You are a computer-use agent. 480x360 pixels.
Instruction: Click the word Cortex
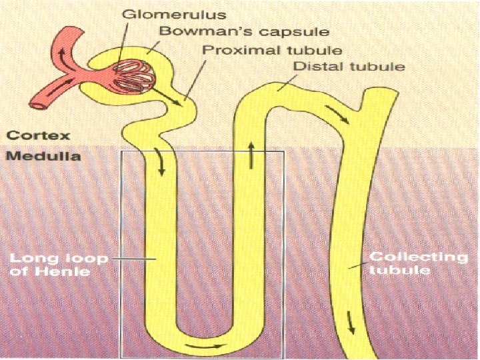pyautogui.click(x=37, y=135)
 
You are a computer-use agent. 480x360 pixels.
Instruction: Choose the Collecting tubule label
pyautogui.click(x=419, y=263)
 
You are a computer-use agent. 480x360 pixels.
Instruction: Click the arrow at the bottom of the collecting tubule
pyautogui.click(x=353, y=327)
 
